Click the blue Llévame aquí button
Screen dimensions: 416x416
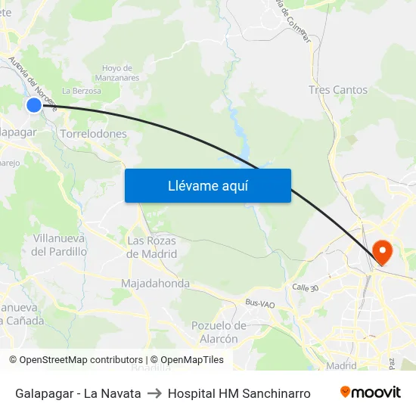pyautogui.click(x=207, y=185)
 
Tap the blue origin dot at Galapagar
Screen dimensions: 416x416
pyautogui.click(x=34, y=105)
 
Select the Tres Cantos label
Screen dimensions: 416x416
pyautogui.click(x=337, y=90)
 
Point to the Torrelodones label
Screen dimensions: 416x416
pyautogui.click(x=93, y=134)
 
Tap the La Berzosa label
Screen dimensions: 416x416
pyautogui.click(x=82, y=91)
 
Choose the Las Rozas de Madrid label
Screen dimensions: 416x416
pyautogui.click(x=151, y=247)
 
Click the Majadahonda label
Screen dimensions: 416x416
pyautogui.click(x=155, y=284)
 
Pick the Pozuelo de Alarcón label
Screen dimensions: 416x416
pyautogui.click(x=219, y=332)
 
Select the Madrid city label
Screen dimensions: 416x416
pyautogui.click(x=341, y=365)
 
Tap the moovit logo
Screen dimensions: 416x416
pyautogui.click(x=370, y=393)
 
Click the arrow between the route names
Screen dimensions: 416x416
pyautogui.click(x=154, y=393)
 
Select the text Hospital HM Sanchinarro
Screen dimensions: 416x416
pyautogui.click(x=239, y=393)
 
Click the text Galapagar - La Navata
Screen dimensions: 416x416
pyautogui.click(x=78, y=393)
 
